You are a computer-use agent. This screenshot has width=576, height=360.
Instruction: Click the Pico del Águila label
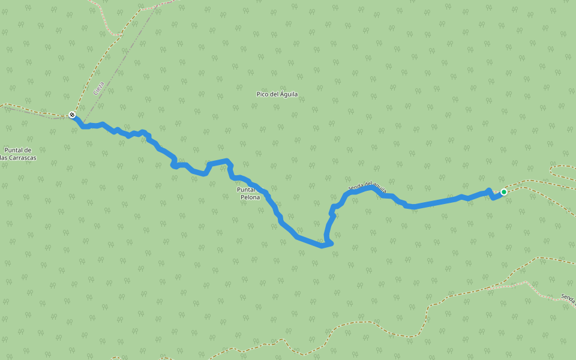coord(277,94)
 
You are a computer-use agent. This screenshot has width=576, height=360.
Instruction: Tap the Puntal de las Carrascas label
coord(18,154)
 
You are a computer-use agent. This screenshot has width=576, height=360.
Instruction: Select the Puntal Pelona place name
coord(250,193)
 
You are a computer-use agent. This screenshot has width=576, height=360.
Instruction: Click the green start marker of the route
coord(504,192)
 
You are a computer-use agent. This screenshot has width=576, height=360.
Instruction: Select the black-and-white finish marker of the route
coord(72,115)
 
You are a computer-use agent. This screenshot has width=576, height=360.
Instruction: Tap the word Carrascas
coord(22,158)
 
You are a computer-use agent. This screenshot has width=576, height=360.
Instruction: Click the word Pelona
coord(250,197)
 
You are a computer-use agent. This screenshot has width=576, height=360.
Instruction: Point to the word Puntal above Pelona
coord(246,189)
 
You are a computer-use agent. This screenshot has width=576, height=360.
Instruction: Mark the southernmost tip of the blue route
coord(323,245)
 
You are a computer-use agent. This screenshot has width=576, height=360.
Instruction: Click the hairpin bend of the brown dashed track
coord(553,170)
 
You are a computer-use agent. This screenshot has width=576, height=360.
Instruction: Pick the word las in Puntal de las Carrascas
coord(5,158)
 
